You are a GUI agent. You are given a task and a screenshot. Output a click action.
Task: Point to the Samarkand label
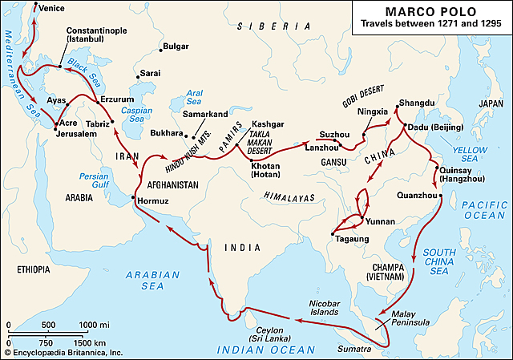click(204, 114)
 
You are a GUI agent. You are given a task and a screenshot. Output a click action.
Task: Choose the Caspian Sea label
click(136, 115)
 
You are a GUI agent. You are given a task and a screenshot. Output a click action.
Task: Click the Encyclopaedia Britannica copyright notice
click(63, 353)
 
